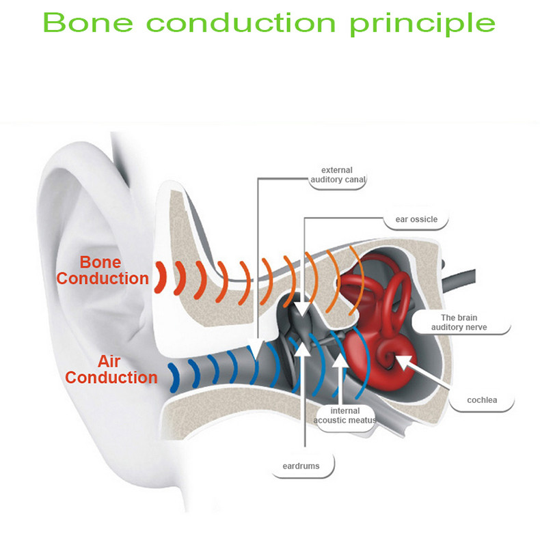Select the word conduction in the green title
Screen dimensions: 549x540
click(x=241, y=23)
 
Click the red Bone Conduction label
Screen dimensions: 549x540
click(x=103, y=270)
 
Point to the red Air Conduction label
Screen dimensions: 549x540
click(x=111, y=369)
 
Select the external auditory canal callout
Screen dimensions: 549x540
click(x=338, y=175)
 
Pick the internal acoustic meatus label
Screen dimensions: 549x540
click(x=345, y=415)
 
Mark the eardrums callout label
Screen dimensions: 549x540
click(x=301, y=467)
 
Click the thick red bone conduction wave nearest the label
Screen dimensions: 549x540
click(x=161, y=277)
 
